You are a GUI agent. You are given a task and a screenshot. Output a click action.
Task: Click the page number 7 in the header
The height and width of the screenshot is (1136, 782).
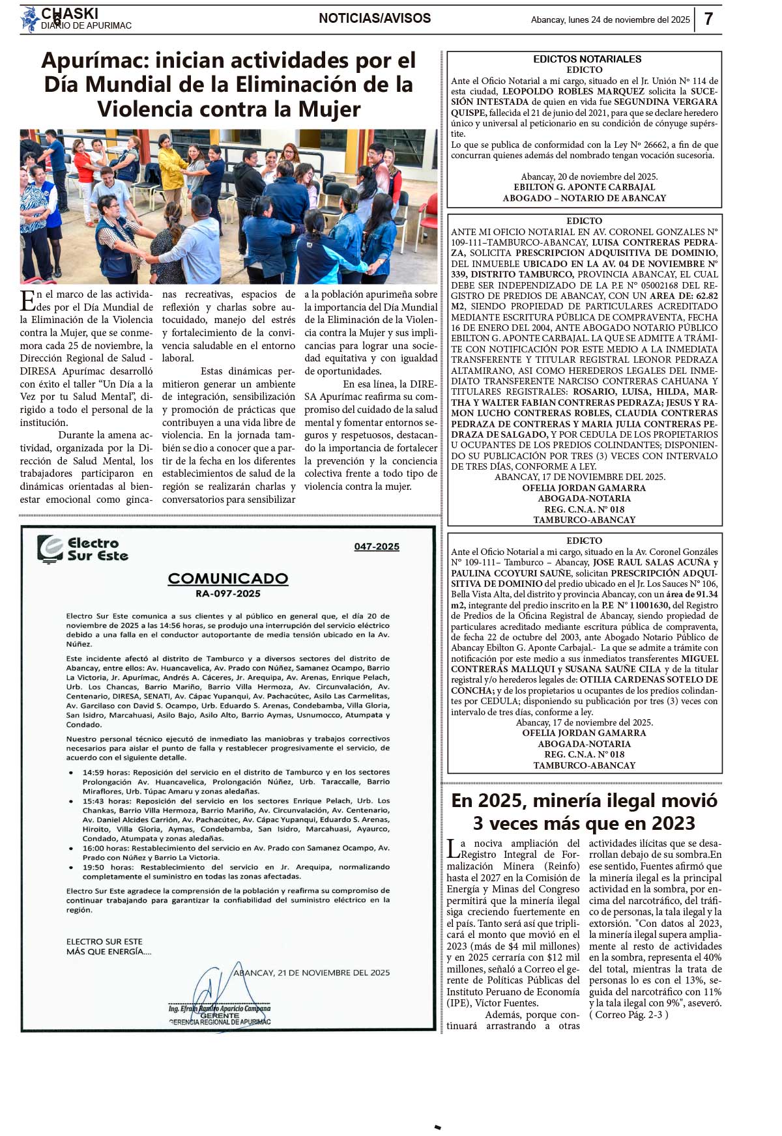coord(709,19)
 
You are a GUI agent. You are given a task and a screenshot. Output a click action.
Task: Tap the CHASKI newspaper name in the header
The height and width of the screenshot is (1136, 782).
coord(70,14)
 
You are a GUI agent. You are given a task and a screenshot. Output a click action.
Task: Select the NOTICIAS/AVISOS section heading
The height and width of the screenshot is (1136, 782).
coord(375,18)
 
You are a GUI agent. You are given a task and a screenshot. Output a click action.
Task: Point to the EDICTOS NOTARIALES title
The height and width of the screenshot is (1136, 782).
coord(587,59)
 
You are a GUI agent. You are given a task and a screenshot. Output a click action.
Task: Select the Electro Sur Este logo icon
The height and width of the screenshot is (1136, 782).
coord(50,548)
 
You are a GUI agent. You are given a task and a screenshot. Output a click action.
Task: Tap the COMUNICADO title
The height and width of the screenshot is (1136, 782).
coord(228,578)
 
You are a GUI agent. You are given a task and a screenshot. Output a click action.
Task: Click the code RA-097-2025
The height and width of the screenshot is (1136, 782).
coord(228,593)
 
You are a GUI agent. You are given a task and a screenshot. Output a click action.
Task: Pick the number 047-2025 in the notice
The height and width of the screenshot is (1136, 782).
coord(377,547)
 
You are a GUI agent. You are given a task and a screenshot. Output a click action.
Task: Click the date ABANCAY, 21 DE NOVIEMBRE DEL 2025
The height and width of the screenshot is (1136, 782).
coord(311,973)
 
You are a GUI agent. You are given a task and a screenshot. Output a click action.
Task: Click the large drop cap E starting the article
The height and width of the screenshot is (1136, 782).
coord(27,300)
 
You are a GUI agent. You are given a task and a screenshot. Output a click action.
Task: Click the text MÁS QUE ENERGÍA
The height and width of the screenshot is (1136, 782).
coord(109,952)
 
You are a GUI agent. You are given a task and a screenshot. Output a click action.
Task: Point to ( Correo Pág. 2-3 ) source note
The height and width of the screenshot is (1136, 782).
coord(629,1014)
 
